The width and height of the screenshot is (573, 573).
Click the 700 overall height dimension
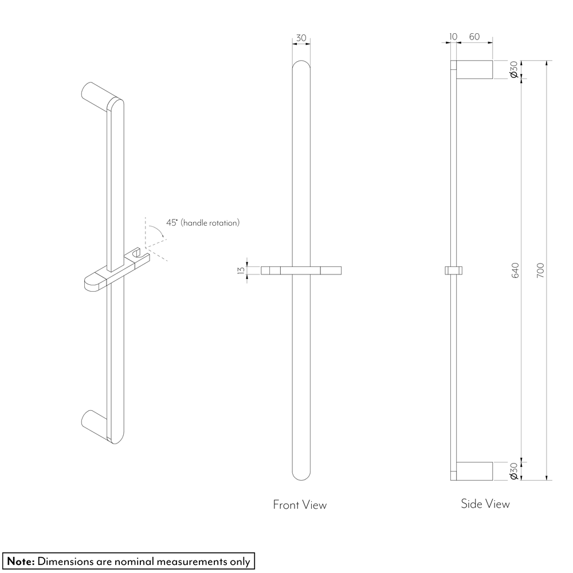coord(541,270)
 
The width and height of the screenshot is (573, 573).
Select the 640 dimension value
coord(515,270)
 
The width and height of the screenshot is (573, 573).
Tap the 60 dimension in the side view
coord(474,37)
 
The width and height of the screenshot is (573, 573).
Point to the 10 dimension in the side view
coord(453,37)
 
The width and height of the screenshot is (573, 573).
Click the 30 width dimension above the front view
coord(301,38)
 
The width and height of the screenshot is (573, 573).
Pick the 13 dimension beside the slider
coord(241,270)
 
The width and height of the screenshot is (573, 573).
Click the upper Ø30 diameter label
coord(513,69)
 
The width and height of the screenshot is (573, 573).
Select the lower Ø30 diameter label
coord(513,471)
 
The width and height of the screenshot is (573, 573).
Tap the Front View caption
coord(300,505)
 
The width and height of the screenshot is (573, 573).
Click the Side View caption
coord(485,504)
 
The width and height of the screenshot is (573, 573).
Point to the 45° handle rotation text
coord(203,222)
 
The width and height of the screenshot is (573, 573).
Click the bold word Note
coord(21,562)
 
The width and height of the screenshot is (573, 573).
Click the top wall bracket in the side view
coord(474,69)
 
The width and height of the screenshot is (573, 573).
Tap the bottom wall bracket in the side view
coord(474,471)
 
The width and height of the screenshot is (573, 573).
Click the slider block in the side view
coord(453,270)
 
